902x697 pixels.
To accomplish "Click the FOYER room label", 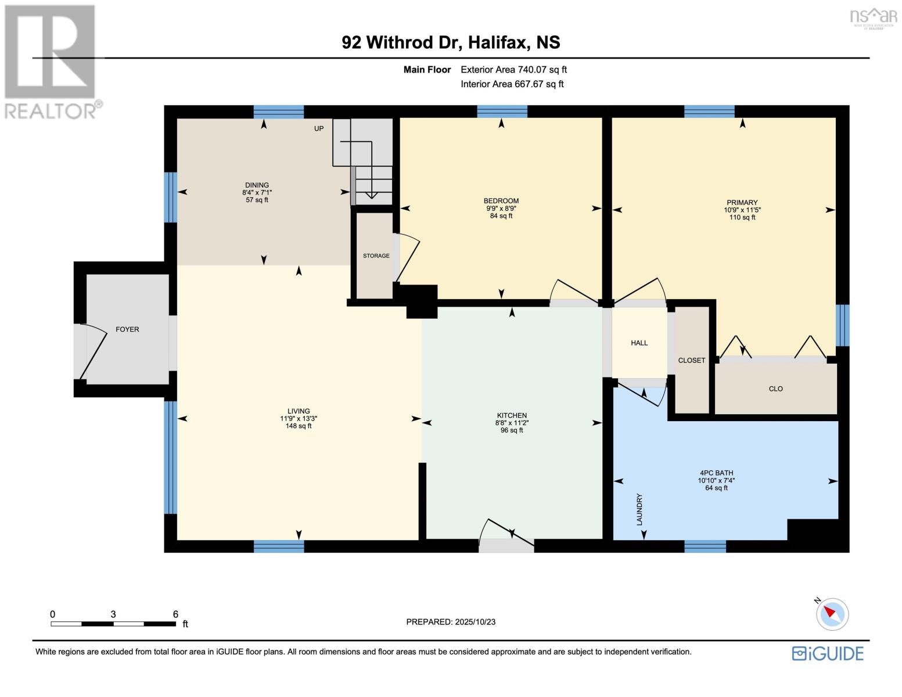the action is click(127, 329).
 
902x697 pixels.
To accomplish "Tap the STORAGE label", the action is click(376, 256).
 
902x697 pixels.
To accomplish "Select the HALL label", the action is click(639, 343).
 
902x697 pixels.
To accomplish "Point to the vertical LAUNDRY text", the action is click(639, 509).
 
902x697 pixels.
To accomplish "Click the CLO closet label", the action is click(775, 389).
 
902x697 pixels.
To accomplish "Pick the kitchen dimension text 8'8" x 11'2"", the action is click(511, 423).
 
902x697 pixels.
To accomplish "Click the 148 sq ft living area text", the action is click(299, 426).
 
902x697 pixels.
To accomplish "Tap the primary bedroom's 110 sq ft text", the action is click(742, 217).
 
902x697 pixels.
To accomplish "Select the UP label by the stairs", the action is click(318, 129).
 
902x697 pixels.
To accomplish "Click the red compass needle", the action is click(829, 612).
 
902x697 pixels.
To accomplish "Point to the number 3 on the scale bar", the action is click(113, 615).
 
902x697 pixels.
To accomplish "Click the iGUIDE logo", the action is click(827, 653).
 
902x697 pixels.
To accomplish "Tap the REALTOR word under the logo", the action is click(51, 111).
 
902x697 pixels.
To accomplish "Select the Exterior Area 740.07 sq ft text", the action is click(513, 70).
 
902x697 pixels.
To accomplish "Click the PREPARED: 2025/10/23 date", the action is click(451, 622).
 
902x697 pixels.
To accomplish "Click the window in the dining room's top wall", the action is click(279, 112).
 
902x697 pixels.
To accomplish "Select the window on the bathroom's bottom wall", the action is click(705, 547).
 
